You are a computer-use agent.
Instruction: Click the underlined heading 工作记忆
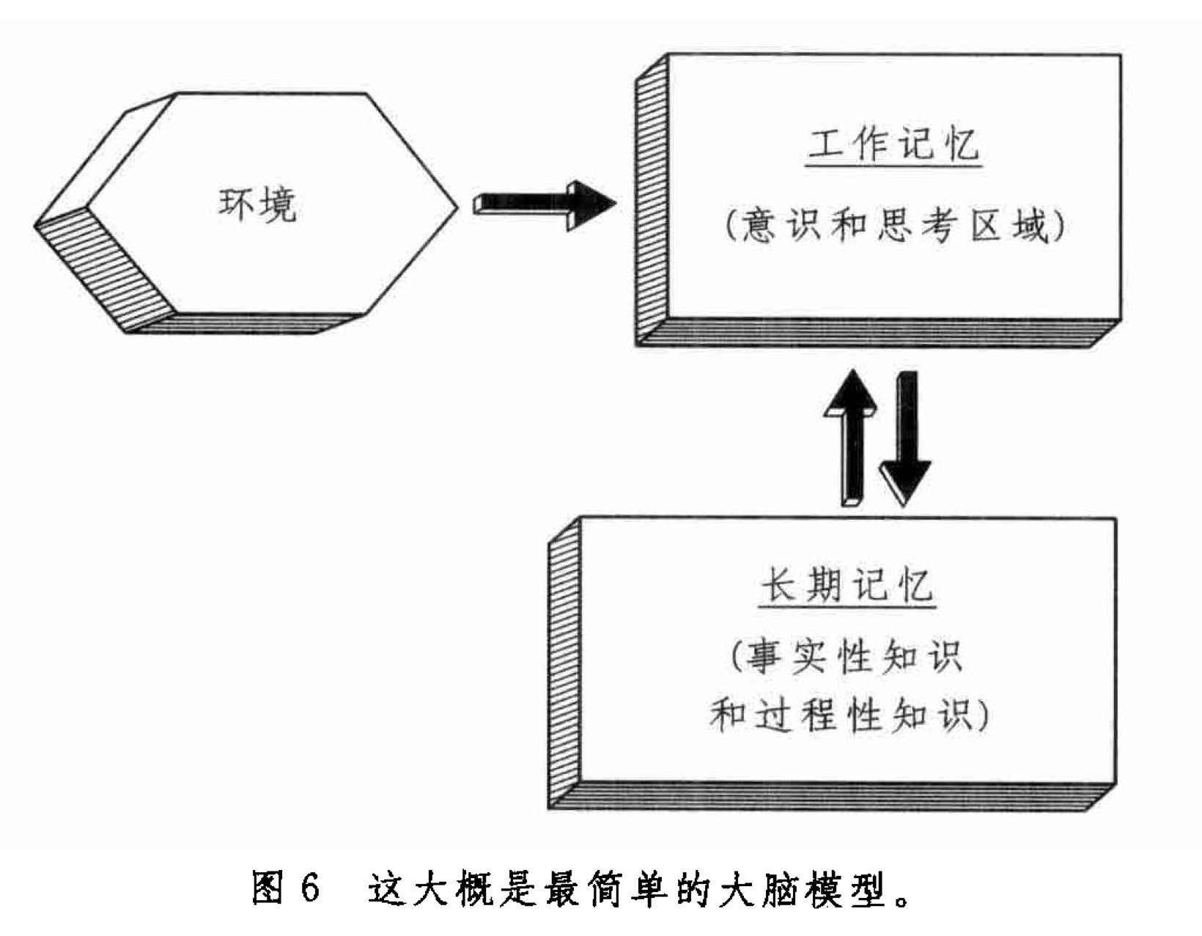(893, 144)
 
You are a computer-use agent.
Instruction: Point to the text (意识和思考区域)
(893, 226)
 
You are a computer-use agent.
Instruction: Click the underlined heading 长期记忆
(847, 586)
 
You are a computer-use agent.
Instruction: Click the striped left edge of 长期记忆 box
(564, 660)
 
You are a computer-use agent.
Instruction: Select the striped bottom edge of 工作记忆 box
(880, 332)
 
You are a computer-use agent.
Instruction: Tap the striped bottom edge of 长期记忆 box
(836, 795)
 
